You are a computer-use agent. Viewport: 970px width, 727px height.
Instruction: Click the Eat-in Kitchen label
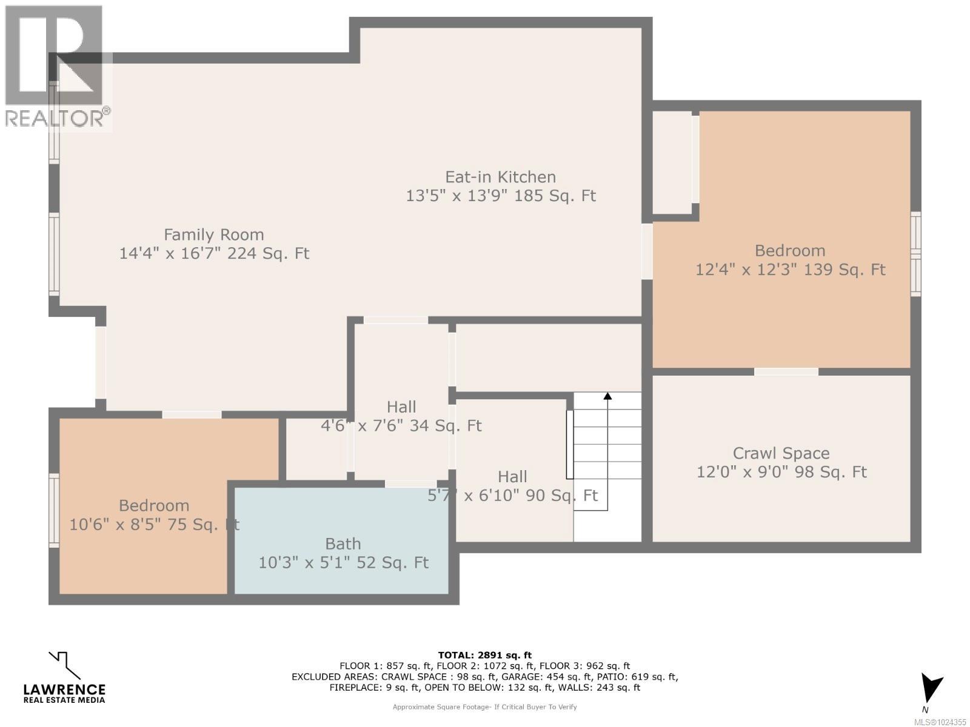[x=500, y=177]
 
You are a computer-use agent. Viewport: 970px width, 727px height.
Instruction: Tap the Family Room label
[x=213, y=234]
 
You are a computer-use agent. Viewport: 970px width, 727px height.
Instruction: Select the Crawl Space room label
[x=781, y=453]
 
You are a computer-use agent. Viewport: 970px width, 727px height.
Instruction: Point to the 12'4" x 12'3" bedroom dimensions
[x=790, y=270]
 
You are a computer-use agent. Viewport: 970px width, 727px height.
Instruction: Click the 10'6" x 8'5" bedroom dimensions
[x=154, y=525]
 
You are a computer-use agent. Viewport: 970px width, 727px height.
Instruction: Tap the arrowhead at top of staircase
[x=607, y=396]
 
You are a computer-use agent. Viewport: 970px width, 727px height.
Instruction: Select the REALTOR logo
[x=56, y=67]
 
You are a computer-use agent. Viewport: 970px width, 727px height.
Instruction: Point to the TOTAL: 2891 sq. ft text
[x=484, y=655]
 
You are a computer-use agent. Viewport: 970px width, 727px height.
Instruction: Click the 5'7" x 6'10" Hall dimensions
[x=512, y=496]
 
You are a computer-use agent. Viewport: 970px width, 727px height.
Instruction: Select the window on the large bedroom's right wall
[x=915, y=254]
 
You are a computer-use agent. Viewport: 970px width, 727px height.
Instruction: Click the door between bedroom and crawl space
[x=786, y=371]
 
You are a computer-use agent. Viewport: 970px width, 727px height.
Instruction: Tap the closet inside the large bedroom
[x=672, y=162]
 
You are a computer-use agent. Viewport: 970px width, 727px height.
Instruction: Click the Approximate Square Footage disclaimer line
[x=484, y=707]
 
